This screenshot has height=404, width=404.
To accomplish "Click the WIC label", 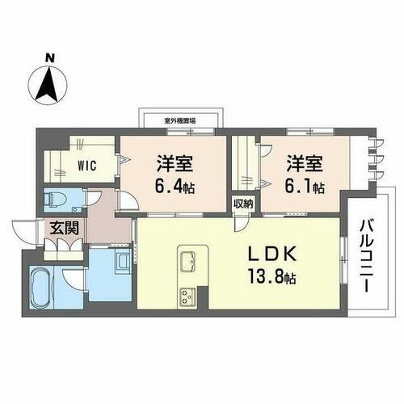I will [x=87, y=167].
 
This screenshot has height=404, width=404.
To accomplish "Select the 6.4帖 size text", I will [x=174, y=187].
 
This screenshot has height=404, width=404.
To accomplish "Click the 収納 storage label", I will [x=243, y=204].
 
